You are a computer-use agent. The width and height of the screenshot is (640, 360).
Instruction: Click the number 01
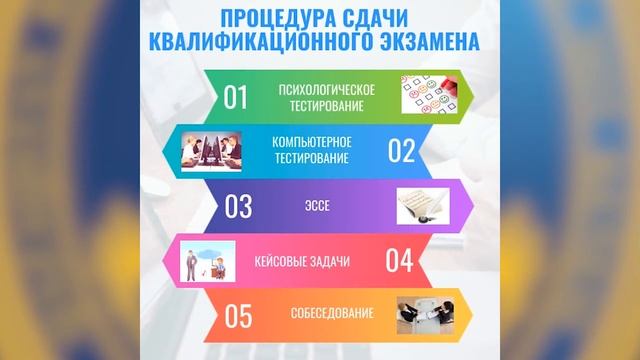pyautogui.click(x=235, y=97)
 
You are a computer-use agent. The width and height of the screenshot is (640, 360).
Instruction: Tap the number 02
pyautogui.click(x=401, y=150)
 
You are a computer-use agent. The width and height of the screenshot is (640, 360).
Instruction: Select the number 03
pyautogui.click(x=237, y=207)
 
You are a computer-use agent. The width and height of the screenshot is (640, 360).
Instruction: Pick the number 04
pyautogui.click(x=399, y=261)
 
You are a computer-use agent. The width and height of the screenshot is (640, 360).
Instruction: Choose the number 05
pyautogui.click(x=237, y=316)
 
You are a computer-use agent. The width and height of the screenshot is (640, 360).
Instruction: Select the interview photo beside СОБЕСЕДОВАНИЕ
pyautogui.click(x=427, y=314)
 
